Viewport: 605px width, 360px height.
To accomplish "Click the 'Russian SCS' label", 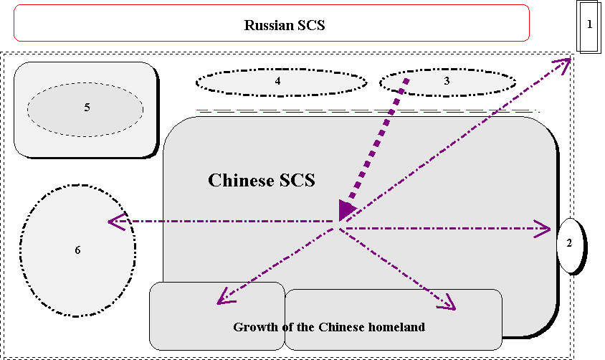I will point(285,25).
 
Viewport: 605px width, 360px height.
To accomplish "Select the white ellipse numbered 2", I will point(571,245).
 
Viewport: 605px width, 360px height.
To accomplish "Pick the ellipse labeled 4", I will point(281,82).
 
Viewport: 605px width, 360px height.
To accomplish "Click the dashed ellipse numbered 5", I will point(85,108).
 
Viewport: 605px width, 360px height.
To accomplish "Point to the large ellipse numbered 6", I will point(77,251).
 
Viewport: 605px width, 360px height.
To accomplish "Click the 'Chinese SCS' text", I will point(261,180).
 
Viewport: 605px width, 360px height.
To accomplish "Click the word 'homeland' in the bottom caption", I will point(396,327).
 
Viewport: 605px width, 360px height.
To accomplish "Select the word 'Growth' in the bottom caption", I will point(253,327).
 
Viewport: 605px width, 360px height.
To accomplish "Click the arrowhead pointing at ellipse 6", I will point(115,222).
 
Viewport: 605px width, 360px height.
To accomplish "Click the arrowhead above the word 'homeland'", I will point(448,303).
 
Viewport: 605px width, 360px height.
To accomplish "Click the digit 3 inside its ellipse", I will point(447,81).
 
